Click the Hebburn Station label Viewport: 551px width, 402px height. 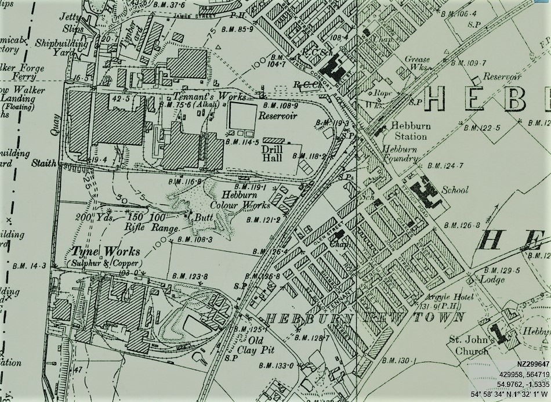click(408, 131)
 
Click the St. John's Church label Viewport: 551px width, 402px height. click(472, 346)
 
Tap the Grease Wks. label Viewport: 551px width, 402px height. click(418, 63)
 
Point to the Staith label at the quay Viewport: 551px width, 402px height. click(43, 164)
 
